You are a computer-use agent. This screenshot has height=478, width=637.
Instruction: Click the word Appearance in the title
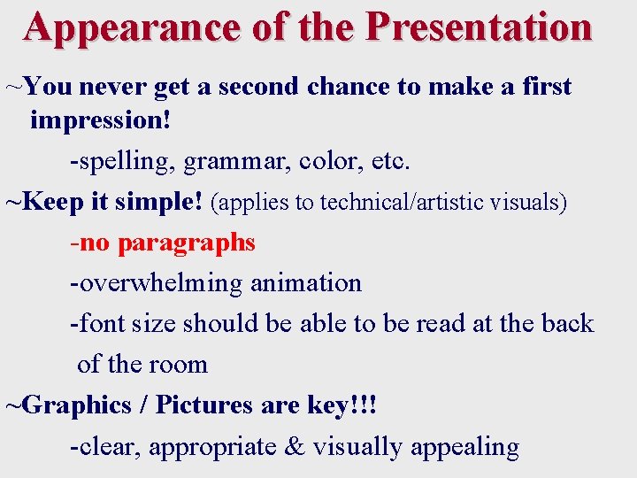click(x=132, y=27)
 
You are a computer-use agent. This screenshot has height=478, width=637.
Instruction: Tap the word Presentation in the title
click(x=478, y=27)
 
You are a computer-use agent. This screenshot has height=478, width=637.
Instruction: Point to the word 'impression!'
click(x=100, y=119)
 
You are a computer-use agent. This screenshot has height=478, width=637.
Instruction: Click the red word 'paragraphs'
click(x=186, y=243)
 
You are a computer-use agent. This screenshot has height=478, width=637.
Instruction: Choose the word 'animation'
click(x=306, y=283)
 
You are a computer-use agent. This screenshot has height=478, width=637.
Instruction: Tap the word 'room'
click(x=181, y=364)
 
